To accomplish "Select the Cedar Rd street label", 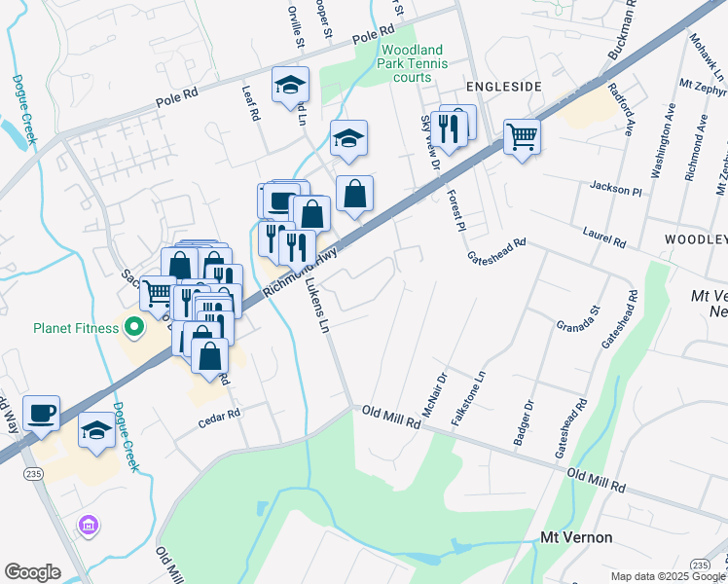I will pos(219,416).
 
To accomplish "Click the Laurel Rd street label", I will pos(604,235).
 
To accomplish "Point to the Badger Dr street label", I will pos(523,423).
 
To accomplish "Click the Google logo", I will pos(32,572).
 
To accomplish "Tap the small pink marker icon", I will pos(89,527).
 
